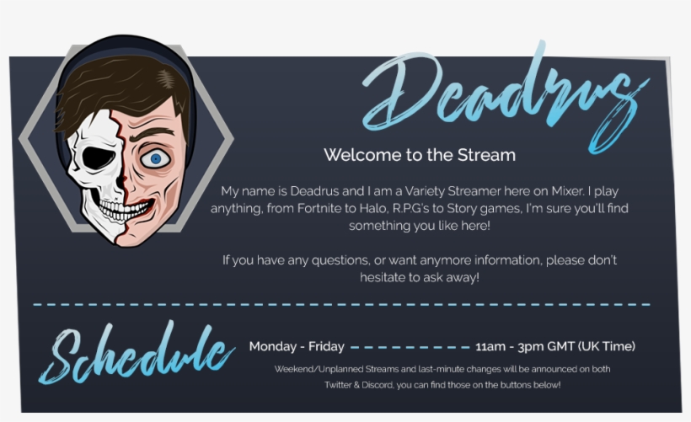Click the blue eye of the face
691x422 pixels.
153,158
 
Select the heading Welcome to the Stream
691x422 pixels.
419,155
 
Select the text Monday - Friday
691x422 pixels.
297,346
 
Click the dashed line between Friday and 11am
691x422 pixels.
410,346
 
